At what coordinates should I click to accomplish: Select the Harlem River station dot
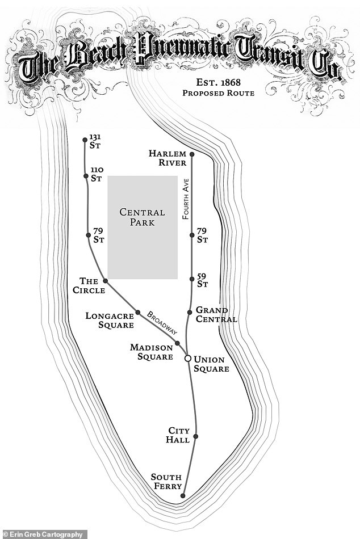pyautogui.click(x=192, y=154)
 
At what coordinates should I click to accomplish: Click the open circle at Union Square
pyautogui.click(x=188, y=358)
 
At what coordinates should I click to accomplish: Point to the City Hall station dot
pyautogui.click(x=196, y=436)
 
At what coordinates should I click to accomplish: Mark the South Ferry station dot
pyautogui.click(x=183, y=496)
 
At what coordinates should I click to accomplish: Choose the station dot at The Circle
pyautogui.click(x=105, y=281)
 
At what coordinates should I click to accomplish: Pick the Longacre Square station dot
pyautogui.click(x=137, y=311)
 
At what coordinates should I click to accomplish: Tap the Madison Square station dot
pyautogui.click(x=178, y=343)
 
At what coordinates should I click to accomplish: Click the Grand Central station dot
pyautogui.click(x=190, y=311)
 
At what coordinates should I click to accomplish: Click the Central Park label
pyautogui.click(x=142, y=217)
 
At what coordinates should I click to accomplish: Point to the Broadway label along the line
pyautogui.click(x=162, y=322)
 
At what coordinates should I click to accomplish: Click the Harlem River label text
pyautogui.click(x=167, y=158)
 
